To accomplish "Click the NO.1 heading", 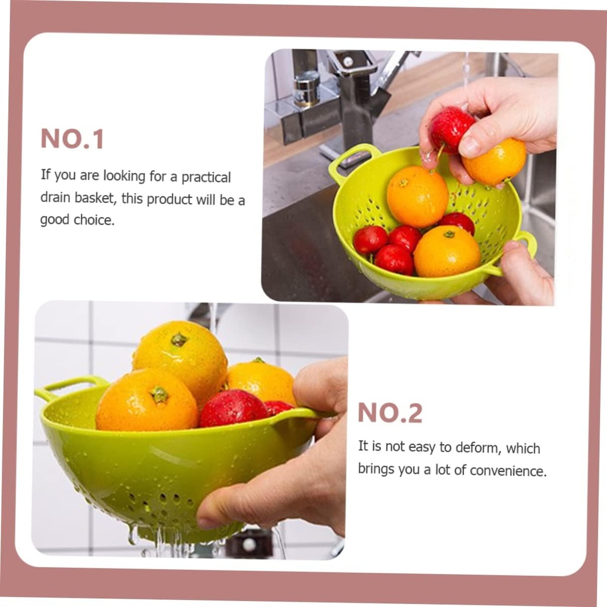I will pyautogui.click(x=72, y=139).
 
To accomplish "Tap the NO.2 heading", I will pyautogui.click(x=390, y=413).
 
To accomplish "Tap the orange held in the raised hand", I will pyautogui.click(x=495, y=161).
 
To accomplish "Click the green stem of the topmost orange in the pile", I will pyautogui.click(x=178, y=340).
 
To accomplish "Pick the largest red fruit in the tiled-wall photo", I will pyautogui.click(x=232, y=408).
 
